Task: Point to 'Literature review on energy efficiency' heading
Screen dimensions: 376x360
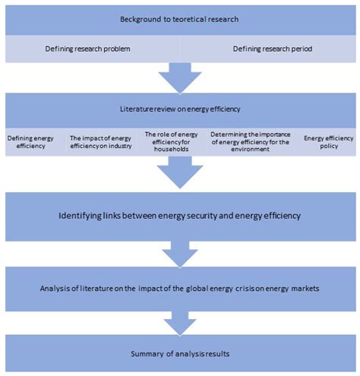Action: [x=180, y=109]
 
